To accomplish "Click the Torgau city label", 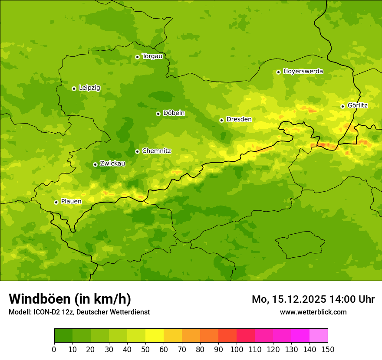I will (x=152, y=56).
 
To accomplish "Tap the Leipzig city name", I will (x=89, y=88).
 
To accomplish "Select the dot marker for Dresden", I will (x=221, y=120).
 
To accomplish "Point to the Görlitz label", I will (x=357, y=105).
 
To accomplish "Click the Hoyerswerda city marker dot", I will (x=278, y=72).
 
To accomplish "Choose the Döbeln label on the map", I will (x=174, y=113).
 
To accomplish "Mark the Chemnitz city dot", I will (x=137, y=151).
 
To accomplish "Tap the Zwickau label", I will (x=112, y=164).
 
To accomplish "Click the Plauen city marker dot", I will (x=56, y=202).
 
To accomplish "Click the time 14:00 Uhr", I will (x=355, y=299).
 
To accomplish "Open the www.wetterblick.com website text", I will (x=313, y=312).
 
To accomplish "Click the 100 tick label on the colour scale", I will (x=237, y=349).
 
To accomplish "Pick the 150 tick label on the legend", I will (x=328, y=349).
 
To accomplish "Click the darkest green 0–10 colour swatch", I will (x=63, y=336).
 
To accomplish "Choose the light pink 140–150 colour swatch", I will (x=319, y=336).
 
